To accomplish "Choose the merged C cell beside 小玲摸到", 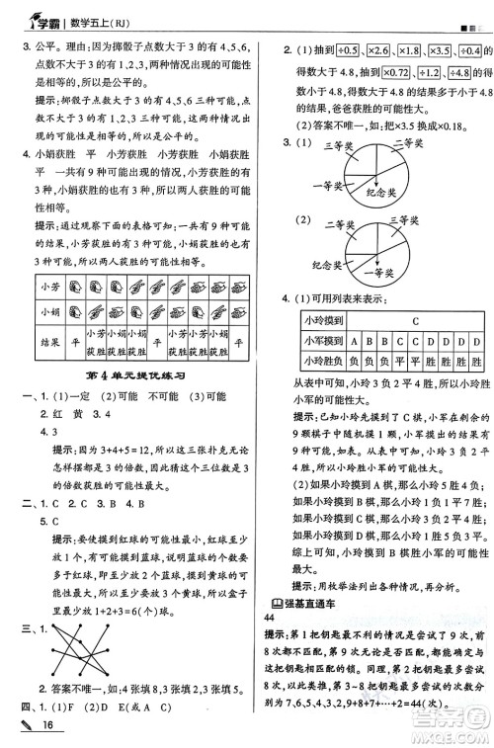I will point(414,321).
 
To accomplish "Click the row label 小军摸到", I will point(322,341).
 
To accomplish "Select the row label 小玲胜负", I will point(322,360).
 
